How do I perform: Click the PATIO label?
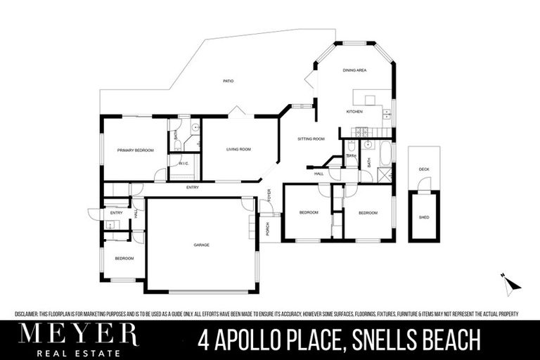tap(228, 82)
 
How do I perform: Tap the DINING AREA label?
tap(354, 70)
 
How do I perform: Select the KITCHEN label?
tap(354, 112)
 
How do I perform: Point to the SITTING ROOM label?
tap(310, 139)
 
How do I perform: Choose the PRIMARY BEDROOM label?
tap(135, 150)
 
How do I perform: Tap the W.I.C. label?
tap(183, 163)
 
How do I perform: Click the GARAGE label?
tap(202, 245)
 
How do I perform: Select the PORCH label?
tap(268, 229)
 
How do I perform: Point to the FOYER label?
tap(268, 194)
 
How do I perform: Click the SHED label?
tap(424, 217)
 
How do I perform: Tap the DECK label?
tap(424, 169)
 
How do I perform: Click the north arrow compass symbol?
tap(511, 283)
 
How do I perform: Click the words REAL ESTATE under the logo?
tap(78, 352)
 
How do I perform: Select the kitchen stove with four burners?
tap(362, 131)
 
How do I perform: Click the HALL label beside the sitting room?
tap(319, 173)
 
